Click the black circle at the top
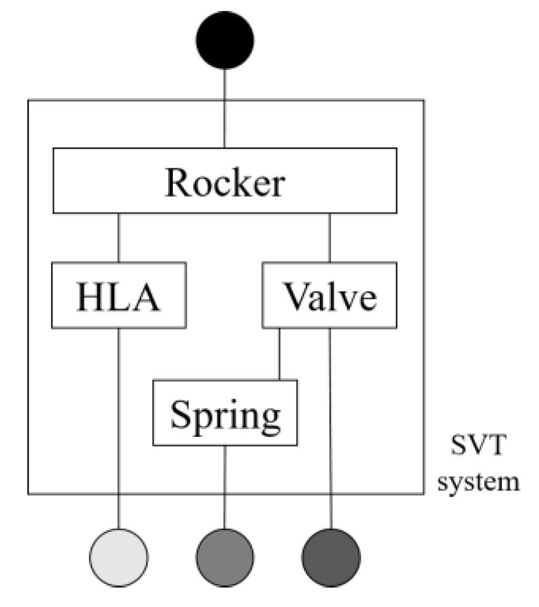point(225,40)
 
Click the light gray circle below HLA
point(119,558)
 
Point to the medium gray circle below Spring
point(225,558)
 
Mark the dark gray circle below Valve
point(331,558)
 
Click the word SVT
point(478,449)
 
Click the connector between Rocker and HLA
point(119,238)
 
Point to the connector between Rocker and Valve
point(329,238)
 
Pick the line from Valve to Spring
point(279,354)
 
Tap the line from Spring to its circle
point(225,486)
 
